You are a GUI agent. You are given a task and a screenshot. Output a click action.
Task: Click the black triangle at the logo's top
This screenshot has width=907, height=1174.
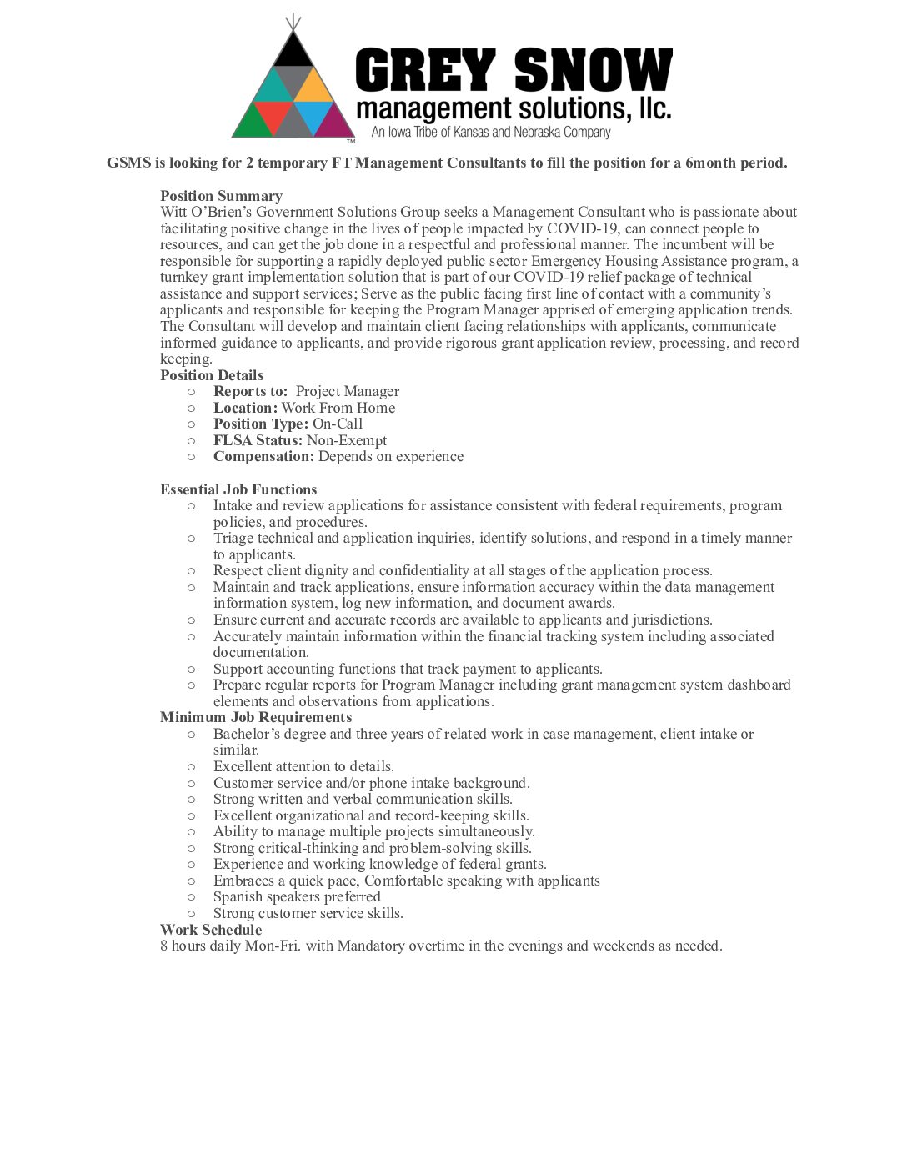coord(293,52)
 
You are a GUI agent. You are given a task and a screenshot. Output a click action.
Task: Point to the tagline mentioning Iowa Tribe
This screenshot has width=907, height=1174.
coord(491,133)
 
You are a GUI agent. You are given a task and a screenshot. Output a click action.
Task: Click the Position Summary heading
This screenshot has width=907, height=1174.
coord(221,196)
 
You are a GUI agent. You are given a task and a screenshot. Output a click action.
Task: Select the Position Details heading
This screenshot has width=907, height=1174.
coord(212,375)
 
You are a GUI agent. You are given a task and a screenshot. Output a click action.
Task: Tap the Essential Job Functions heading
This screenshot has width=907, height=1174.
coord(238,489)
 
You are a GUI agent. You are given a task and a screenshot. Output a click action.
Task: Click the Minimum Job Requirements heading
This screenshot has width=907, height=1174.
coord(256,717)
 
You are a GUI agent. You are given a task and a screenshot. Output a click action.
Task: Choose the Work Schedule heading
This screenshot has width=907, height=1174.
coord(211,930)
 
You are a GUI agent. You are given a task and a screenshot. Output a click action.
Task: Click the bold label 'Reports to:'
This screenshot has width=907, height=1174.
coord(250,391)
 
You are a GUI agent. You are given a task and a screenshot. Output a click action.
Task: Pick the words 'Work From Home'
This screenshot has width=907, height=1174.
coord(338,408)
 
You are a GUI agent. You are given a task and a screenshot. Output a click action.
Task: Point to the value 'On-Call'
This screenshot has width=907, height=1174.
coord(338,424)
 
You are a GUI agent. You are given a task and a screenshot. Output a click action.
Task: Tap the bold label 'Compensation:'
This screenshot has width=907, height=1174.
coord(263,456)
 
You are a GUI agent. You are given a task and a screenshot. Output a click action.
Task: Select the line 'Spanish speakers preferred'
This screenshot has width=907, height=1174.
coord(297,897)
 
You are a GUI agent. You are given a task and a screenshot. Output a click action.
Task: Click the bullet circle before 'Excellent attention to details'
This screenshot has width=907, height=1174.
coord(191,767)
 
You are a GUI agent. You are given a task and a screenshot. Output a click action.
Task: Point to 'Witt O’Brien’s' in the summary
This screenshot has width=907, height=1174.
coord(206,212)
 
